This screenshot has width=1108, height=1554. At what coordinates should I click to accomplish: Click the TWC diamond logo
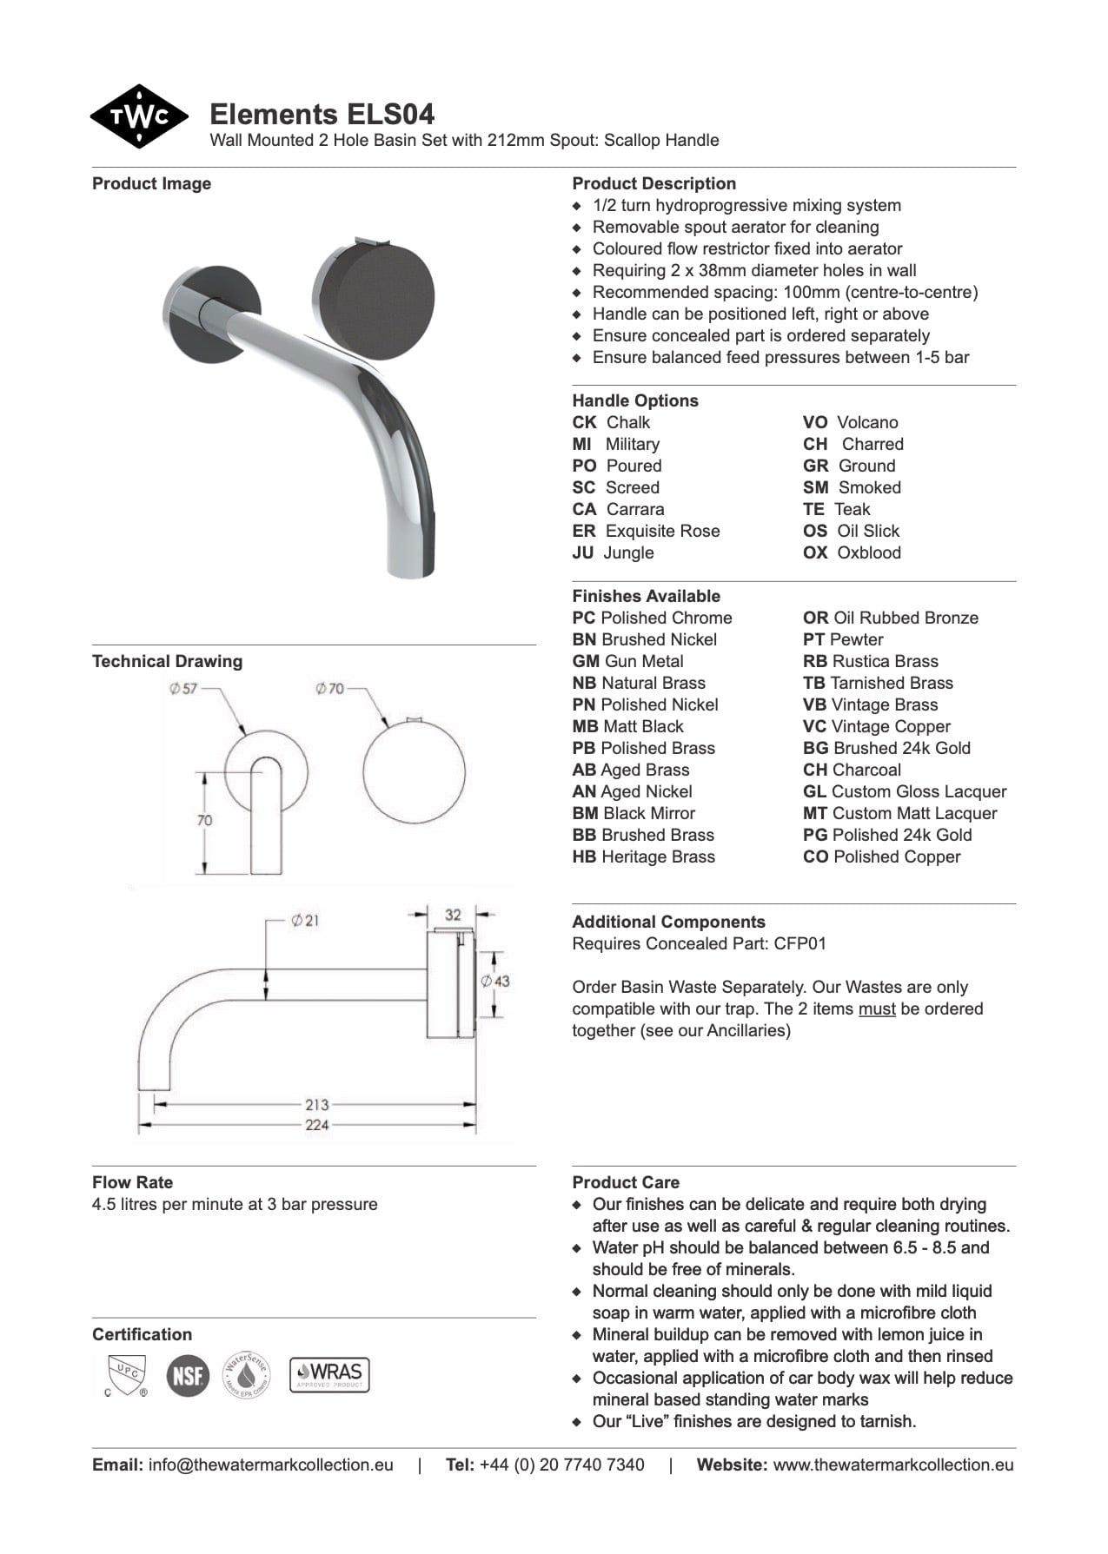(139, 116)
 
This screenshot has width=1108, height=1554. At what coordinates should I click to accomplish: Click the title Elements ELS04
(322, 114)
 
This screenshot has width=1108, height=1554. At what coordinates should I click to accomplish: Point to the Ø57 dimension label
(183, 689)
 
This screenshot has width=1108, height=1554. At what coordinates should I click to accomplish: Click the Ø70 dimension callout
(329, 689)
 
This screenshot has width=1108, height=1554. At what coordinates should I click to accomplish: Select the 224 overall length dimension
(316, 1125)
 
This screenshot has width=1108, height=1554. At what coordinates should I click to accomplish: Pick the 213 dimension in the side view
(316, 1105)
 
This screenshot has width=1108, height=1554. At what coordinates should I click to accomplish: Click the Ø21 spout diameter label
(305, 920)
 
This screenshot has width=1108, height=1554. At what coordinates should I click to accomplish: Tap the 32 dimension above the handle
(453, 915)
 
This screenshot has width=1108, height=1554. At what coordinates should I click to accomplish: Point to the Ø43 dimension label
(495, 981)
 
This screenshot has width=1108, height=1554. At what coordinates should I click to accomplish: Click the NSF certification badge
(188, 1376)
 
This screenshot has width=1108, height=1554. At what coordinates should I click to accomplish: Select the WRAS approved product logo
(329, 1375)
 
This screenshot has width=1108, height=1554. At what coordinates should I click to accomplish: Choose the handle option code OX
(815, 552)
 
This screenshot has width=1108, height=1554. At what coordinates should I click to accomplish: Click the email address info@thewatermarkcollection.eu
(270, 1465)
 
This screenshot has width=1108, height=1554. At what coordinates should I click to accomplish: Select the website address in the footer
(892, 1465)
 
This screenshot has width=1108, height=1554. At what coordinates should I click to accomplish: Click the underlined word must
(877, 1008)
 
